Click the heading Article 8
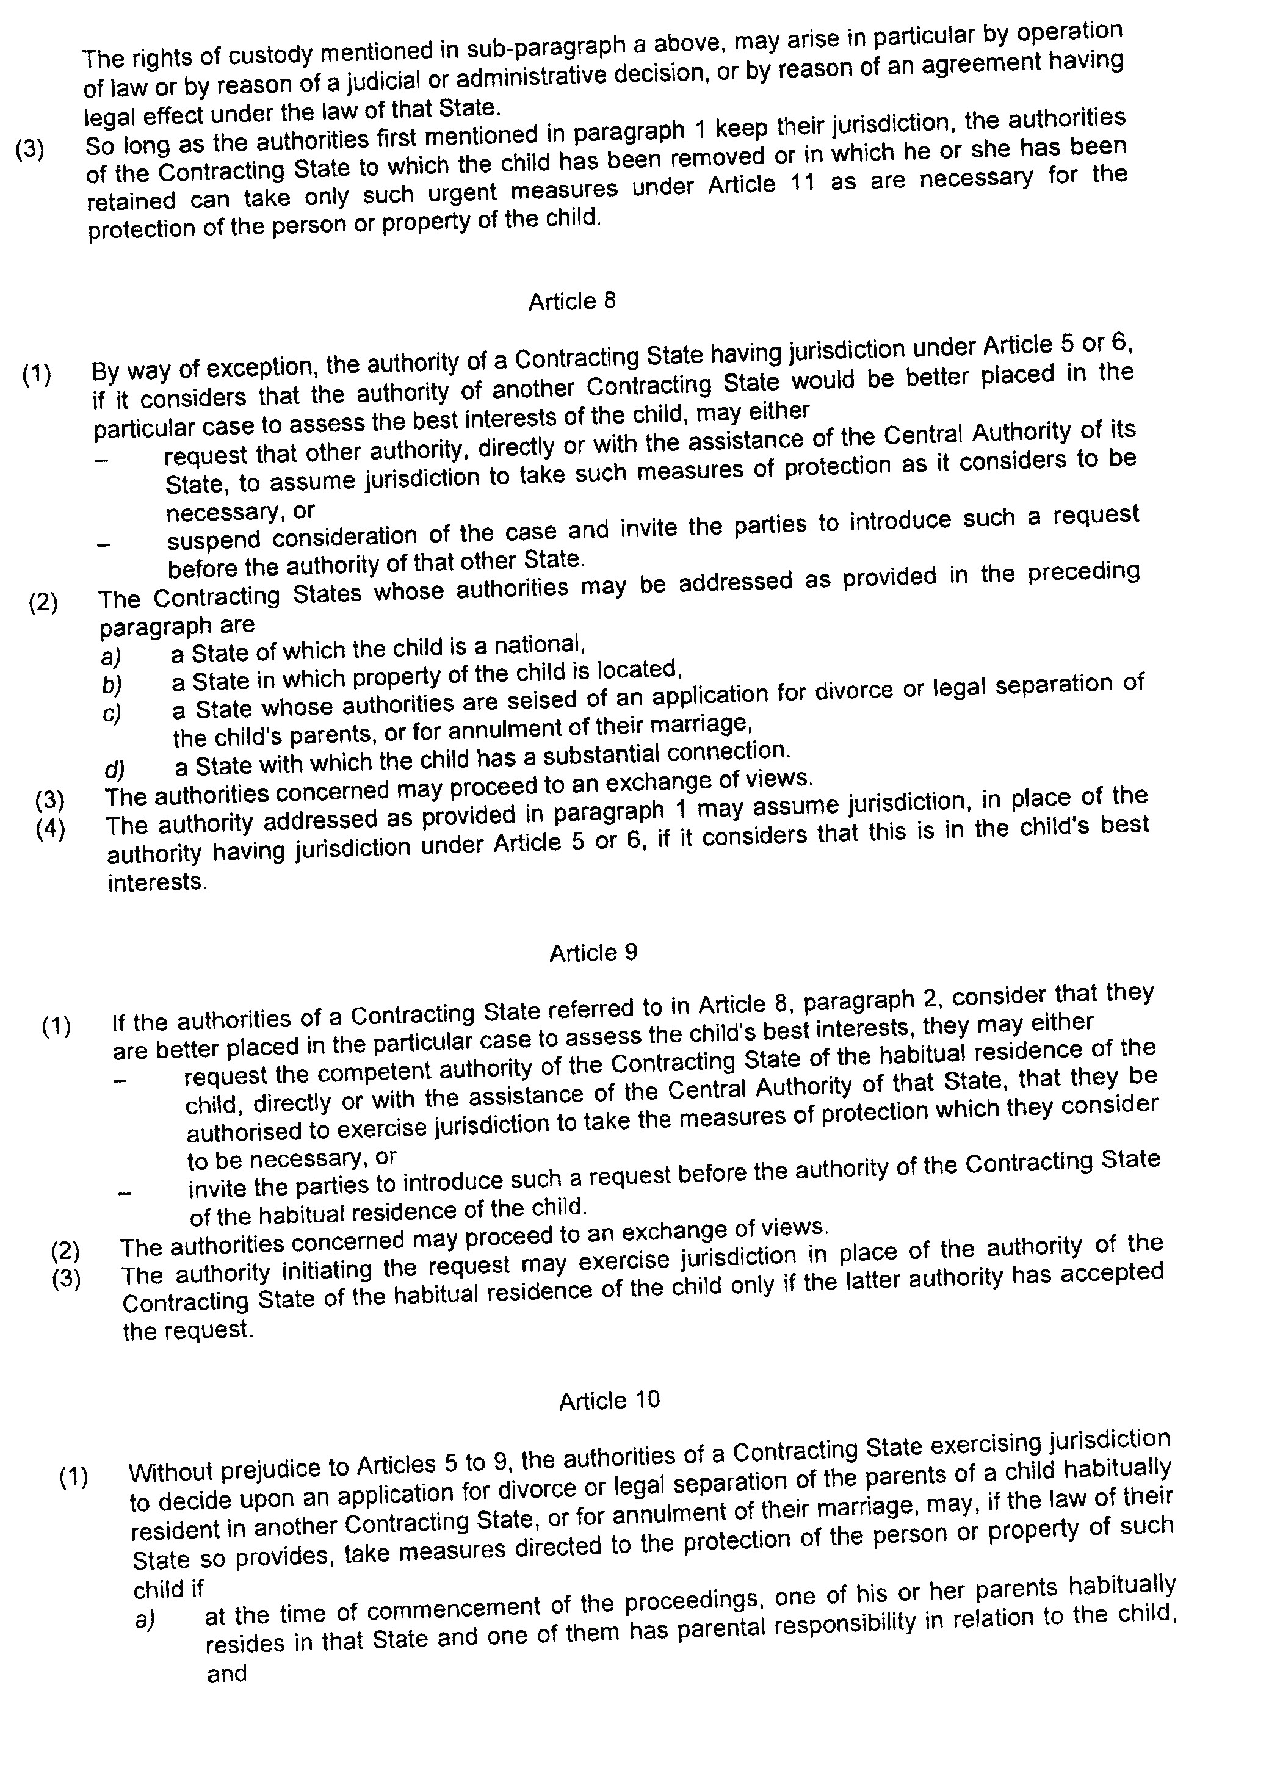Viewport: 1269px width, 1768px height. (x=572, y=301)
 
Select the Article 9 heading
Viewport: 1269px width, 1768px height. (x=593, y=953)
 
